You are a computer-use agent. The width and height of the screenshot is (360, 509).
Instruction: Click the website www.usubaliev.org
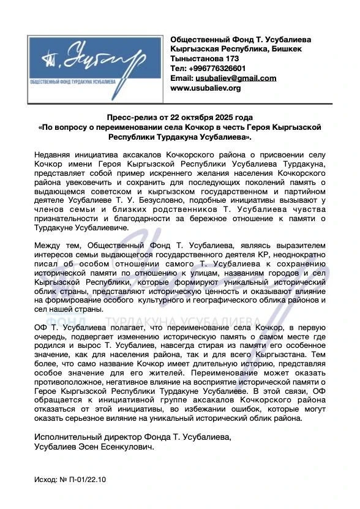(206, 88)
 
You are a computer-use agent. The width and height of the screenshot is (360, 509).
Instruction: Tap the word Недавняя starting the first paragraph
(54, 153)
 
